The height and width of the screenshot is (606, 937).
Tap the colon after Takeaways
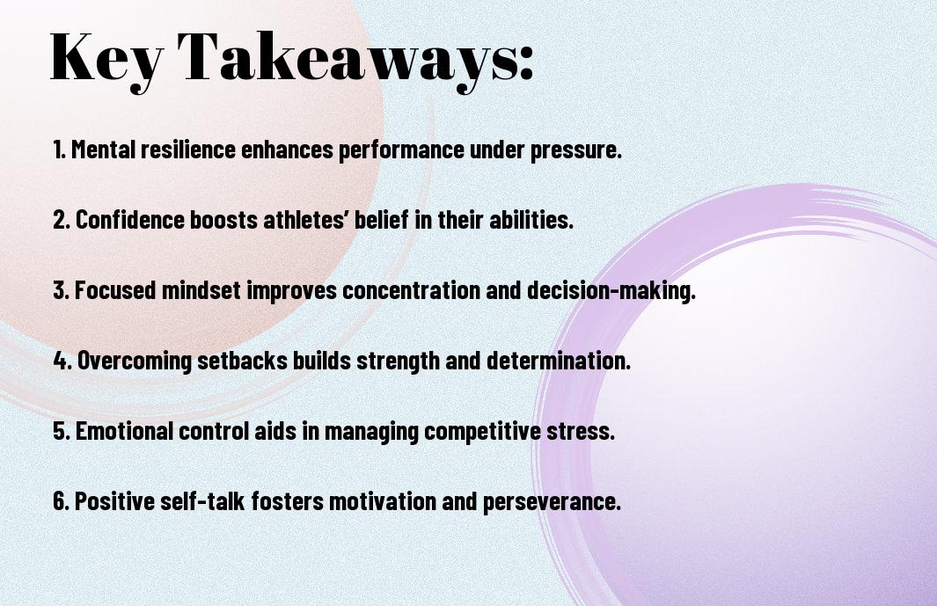tap(526, 63)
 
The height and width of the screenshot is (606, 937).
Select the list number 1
tap(59, 150)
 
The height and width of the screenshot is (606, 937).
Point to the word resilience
tap(188, 150)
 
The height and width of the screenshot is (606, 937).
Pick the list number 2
tap(61, 220)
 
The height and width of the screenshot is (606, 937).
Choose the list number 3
tap(61, 290)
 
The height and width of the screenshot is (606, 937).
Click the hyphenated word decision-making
tap(611, 291)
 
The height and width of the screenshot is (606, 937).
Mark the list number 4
tap(62, 361)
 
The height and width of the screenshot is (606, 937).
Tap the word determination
tap(559, 361)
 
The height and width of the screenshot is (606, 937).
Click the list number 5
tap(62, 432)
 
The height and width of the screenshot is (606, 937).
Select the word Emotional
tap(124, 431)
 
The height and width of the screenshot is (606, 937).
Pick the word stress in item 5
tap(581, 432)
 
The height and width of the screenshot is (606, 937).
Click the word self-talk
tap(202, 500)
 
